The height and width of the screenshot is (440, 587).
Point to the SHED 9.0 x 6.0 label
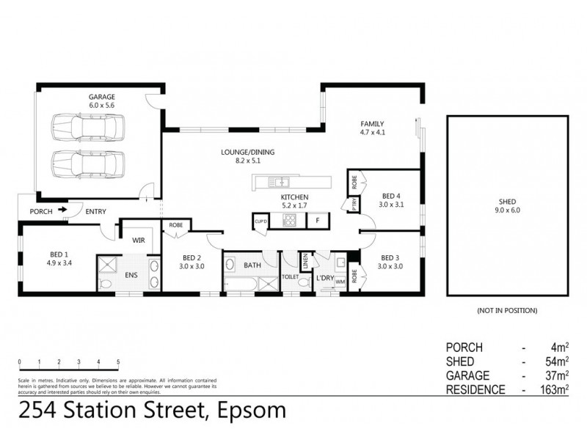click(x=508, y=206)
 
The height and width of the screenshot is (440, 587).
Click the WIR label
click(x=138, y=240)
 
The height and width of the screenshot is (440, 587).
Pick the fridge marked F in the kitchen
click(x=317, y=220)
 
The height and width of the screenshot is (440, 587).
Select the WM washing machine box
click(x=339, y=281)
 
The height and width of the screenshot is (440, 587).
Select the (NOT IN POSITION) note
click(x=507, y=311)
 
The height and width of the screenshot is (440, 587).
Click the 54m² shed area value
click(x=555, y=362)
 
